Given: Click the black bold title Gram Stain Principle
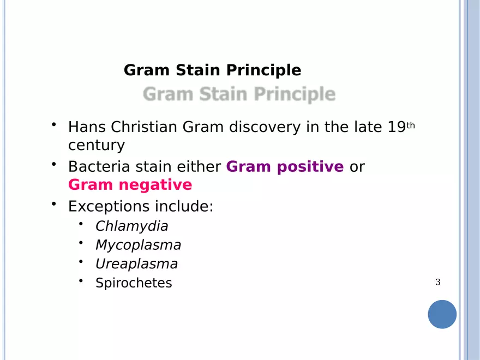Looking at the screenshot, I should (x=212, y=70).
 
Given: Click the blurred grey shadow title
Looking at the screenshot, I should (x=239, y=94).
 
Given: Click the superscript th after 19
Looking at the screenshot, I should (x=411, y=125).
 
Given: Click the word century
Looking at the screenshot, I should (x=96, y=146).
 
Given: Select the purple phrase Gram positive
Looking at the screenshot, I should (x=285, y=167).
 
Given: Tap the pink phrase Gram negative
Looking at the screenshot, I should (x=130, y=185).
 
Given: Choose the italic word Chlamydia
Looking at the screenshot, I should (x=131, y=226).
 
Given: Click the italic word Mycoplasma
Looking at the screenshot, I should (x=138, y=245).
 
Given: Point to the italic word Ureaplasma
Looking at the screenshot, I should (x=136, y=264).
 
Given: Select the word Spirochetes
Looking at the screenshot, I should (x=134, y=283).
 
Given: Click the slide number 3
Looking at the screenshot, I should (x=437, y=282).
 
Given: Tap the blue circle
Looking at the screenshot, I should (x=442, y=314).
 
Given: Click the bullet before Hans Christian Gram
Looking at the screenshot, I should (x=55, y=125).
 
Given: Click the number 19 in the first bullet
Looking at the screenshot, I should (x=397, y=128).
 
